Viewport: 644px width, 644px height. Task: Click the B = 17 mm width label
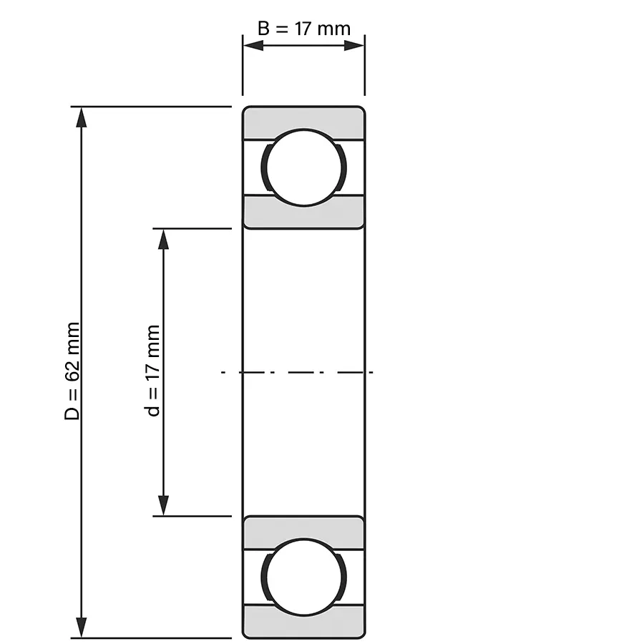[x=304, y=29]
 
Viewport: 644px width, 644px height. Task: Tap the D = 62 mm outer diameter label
[x=72, y=371]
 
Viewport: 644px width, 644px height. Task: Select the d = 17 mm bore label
[x=153, y=371]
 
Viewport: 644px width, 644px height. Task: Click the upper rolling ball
[x=304, y=167]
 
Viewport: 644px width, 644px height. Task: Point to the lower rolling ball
[x=304, y=577]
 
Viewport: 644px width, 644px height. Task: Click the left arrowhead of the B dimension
[x=253, y=45]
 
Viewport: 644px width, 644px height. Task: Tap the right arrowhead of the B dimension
[x=354, y=45]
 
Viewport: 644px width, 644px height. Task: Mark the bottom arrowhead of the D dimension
[x=82, y=627]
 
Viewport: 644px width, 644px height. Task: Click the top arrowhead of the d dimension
[x=163, y=239]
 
